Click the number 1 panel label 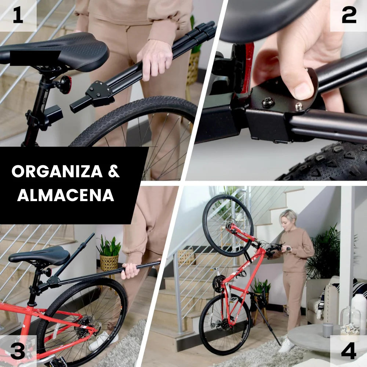tap(18, 15)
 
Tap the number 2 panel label tap(349, 15)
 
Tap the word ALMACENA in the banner tap(66, 195)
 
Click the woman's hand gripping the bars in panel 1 tap(154, 59)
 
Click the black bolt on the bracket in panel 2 tap(268, 103)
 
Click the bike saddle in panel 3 tap(40, 255)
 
